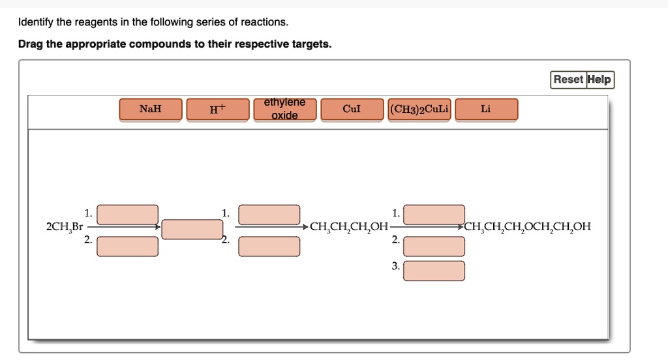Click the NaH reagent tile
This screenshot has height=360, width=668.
pos(150,110)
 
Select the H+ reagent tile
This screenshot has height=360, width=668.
pos(217,110)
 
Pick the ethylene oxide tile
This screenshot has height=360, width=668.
pos(284,110)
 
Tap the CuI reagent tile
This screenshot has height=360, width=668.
pos(352,110)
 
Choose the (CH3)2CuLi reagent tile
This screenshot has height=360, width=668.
pos(419,110)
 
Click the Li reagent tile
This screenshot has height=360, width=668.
pos(486,110)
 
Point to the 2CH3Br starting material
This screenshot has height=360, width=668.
pos(65,228)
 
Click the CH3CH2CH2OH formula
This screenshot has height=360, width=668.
pos(348,228)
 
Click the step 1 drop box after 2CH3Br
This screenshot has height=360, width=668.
pos(128,214)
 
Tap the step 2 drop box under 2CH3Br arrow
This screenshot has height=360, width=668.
pos(128,246)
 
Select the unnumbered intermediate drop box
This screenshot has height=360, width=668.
pos(192,229)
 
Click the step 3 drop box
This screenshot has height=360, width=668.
pos(434,270)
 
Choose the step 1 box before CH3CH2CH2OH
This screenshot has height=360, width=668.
pos(269,214)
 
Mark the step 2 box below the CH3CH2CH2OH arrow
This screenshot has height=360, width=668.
pos(269,246)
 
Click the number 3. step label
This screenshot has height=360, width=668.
pos(395,266)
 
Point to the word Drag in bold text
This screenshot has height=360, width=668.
pos(30,44)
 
